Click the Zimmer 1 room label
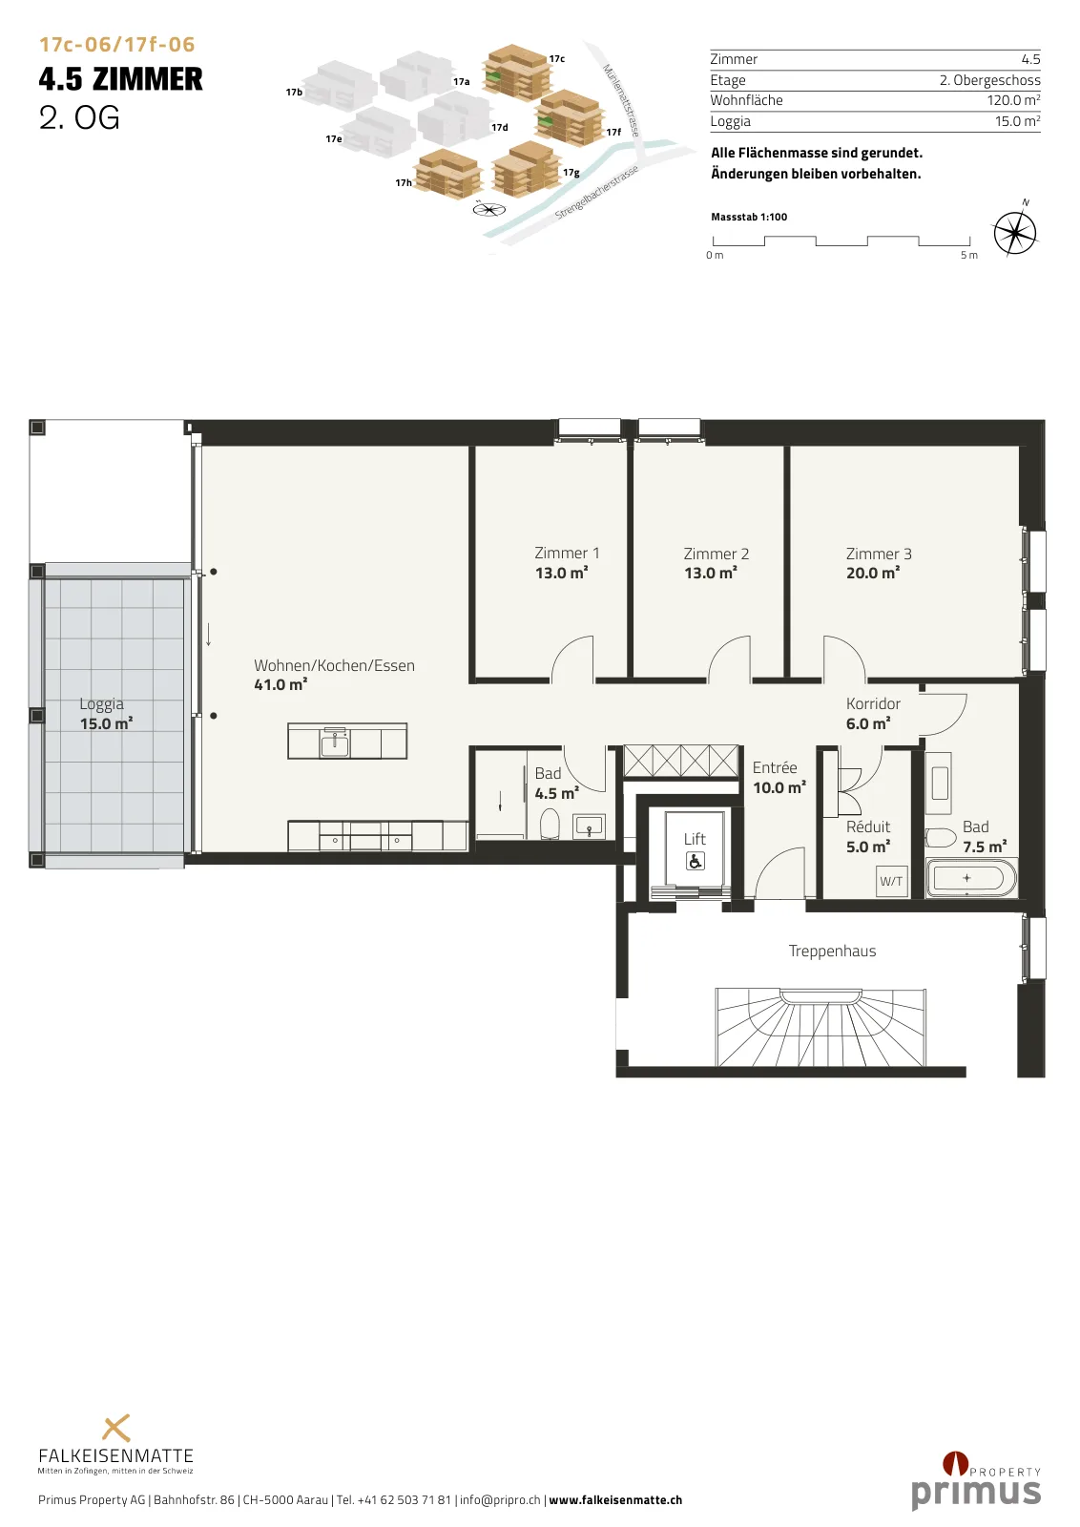click(567, 553)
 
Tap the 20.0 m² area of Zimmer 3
click(873, 574)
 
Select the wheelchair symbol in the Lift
click(695, 862)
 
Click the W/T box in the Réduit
click(890, 882)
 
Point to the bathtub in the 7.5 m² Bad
click(971, 879)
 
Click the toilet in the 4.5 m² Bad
click(550, 824)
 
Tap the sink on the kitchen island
click(335, 743)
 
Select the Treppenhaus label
click(832, 951)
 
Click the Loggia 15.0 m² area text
click(106, 724)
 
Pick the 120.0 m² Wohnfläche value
click(1013, 100)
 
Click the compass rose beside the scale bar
click(1015, 233)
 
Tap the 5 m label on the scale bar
click(969, 255)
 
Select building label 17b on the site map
click(295, 92)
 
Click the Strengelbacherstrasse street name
click(597, 192)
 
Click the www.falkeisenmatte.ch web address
click(615, 1499)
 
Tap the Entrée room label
click(775, 767)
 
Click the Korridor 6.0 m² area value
click(868, 724)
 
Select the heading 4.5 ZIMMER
click(120, 79)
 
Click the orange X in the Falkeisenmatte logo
click(115, 1429)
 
